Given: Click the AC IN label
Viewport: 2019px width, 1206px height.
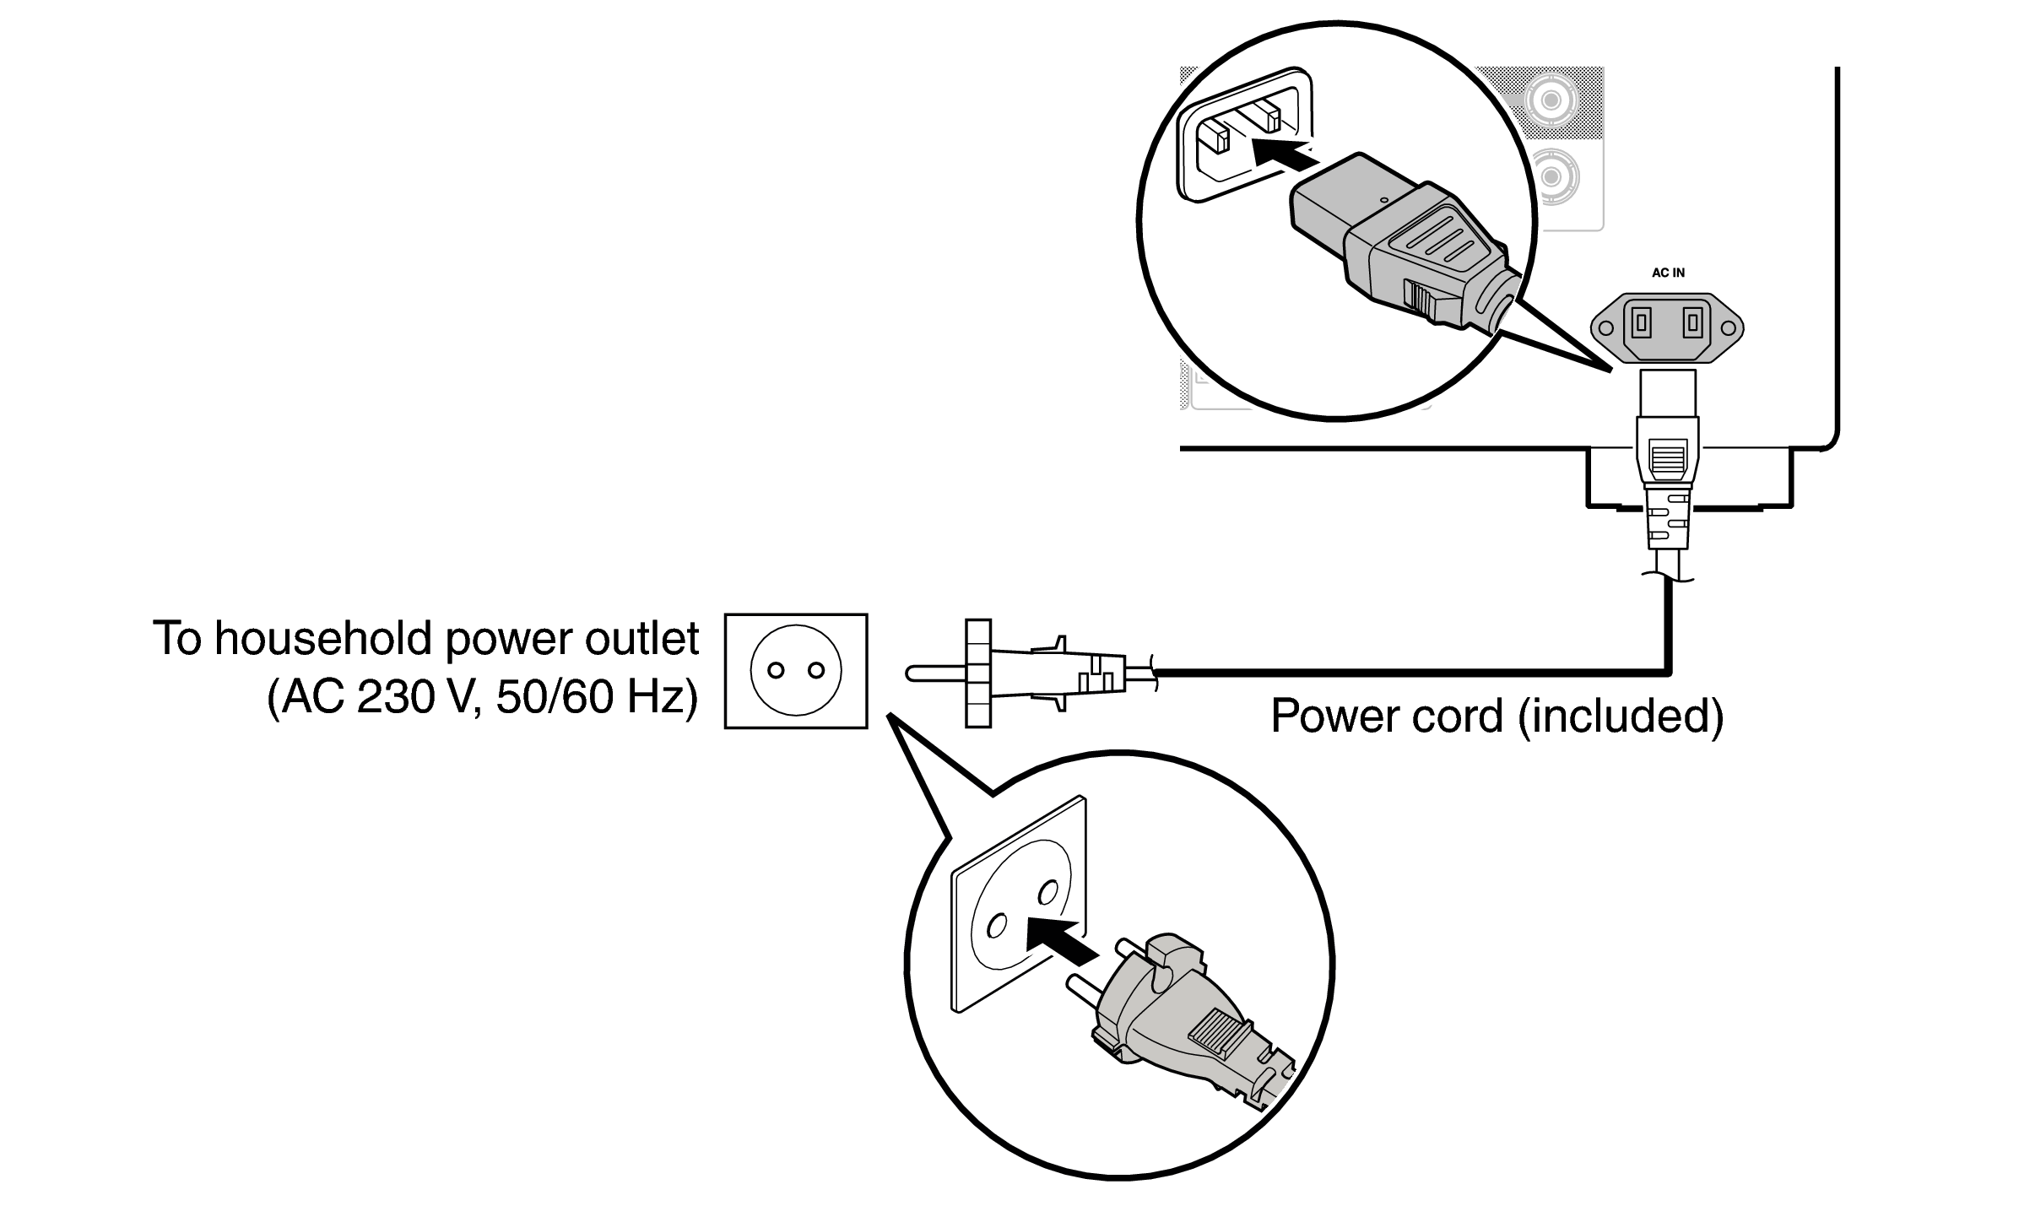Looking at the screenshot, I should pyautogui.click(x=1668, y=273).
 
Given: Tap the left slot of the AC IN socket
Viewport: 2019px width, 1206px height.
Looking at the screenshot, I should pyautogui.click(x=1642, y=322).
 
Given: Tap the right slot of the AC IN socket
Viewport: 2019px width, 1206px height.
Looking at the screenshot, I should pyautogui.click(x=1692, y=322).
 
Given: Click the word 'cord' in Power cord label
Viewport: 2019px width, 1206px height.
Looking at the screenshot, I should pyautogui.click(x=1457, y=716).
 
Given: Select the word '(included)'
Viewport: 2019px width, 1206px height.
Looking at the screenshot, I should pyautogui.click(x=1621, y=716).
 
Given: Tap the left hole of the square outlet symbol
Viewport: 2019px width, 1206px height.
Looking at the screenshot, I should pyautogui.click(x=776, y=671).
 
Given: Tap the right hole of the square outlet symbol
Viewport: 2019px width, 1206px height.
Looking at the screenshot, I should pyautogui.click(x=815, y=671).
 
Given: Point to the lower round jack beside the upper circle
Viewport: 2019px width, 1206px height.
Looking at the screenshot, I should pyautogui.click(x=1551, y=176).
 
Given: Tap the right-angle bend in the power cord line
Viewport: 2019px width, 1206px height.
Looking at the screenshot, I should pyautogui.click(x=1668, y=672).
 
